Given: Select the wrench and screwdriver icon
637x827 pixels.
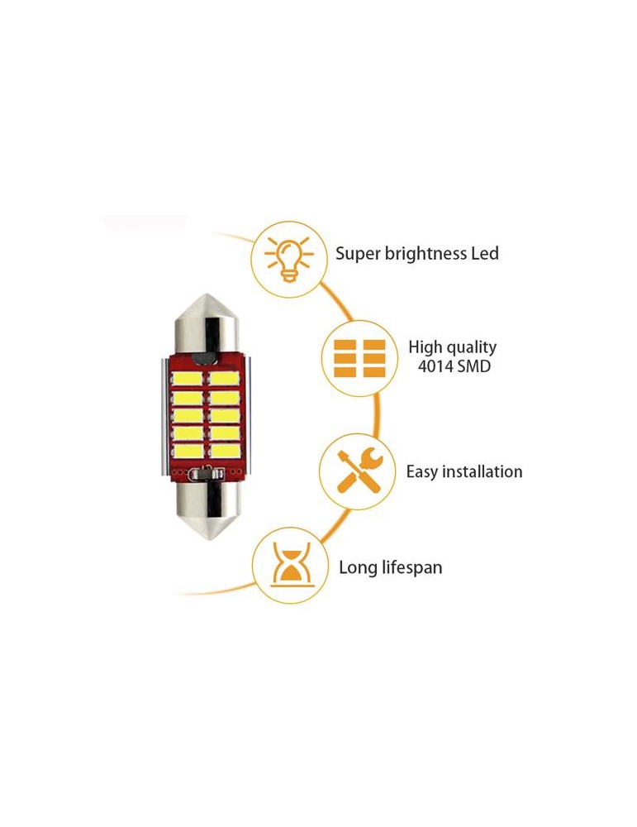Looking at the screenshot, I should [357, 471].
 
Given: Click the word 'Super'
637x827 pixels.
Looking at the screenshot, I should [357, 254].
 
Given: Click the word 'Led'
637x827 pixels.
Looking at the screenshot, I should [486, 254].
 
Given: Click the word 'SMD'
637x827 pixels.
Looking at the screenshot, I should [474, 366].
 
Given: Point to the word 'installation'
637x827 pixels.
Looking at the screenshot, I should [483, 472].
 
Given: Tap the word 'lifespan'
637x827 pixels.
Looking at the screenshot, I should [412, 567].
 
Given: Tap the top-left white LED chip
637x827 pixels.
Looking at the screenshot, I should [185, 378].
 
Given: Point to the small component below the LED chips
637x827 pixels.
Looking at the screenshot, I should [205, 475].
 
